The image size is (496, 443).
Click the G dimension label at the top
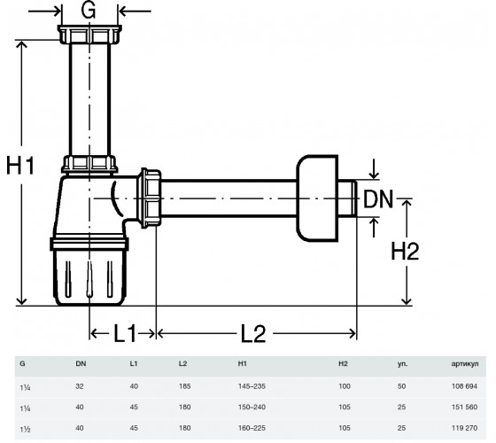click(89, 11)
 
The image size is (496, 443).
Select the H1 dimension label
click(20, 165)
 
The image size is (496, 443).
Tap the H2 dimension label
click(406, 251)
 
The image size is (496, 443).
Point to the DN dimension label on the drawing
click(378, 199)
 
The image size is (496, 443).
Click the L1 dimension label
click(125, 333)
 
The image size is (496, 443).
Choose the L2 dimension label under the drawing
click(253, 333)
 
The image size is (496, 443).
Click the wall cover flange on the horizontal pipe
click(317, 198)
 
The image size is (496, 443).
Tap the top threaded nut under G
click(89, 35)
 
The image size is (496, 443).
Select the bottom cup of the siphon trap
click(89, 272)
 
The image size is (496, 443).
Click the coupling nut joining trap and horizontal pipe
click(150, 198)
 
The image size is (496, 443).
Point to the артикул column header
click(465, 364)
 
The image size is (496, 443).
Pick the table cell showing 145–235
click(252, 386)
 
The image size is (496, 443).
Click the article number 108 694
click(464, 386)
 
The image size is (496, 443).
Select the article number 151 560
click(464, 407)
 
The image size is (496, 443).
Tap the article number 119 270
click(464, 428)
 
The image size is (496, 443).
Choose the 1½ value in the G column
click(25, 429)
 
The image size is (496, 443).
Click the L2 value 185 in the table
click(185, 386)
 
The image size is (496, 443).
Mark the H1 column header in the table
click(243, 364)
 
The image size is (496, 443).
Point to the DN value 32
click(80, 386)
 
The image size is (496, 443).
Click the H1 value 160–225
click(252, 428)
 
